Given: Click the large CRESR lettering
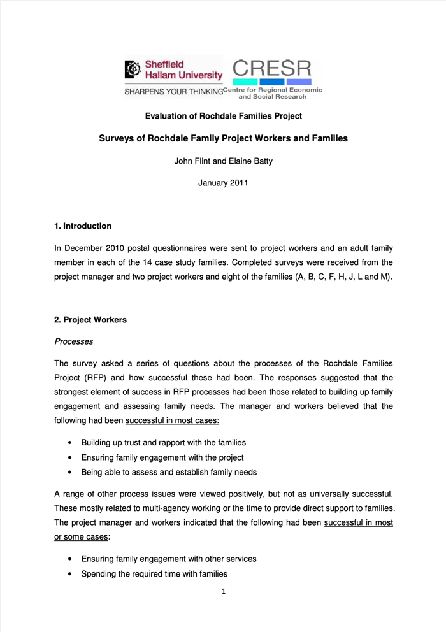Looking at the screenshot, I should click(271, 68).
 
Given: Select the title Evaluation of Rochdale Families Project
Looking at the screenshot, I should click(223, 116).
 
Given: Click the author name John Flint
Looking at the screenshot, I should click(194, 161).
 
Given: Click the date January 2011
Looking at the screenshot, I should click(223, 183).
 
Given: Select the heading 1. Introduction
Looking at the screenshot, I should click(83, 226).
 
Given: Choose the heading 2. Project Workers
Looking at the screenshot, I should click(90, 320).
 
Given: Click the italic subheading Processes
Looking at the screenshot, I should click(74, 341).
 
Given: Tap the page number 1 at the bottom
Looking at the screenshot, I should click(224, 591).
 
